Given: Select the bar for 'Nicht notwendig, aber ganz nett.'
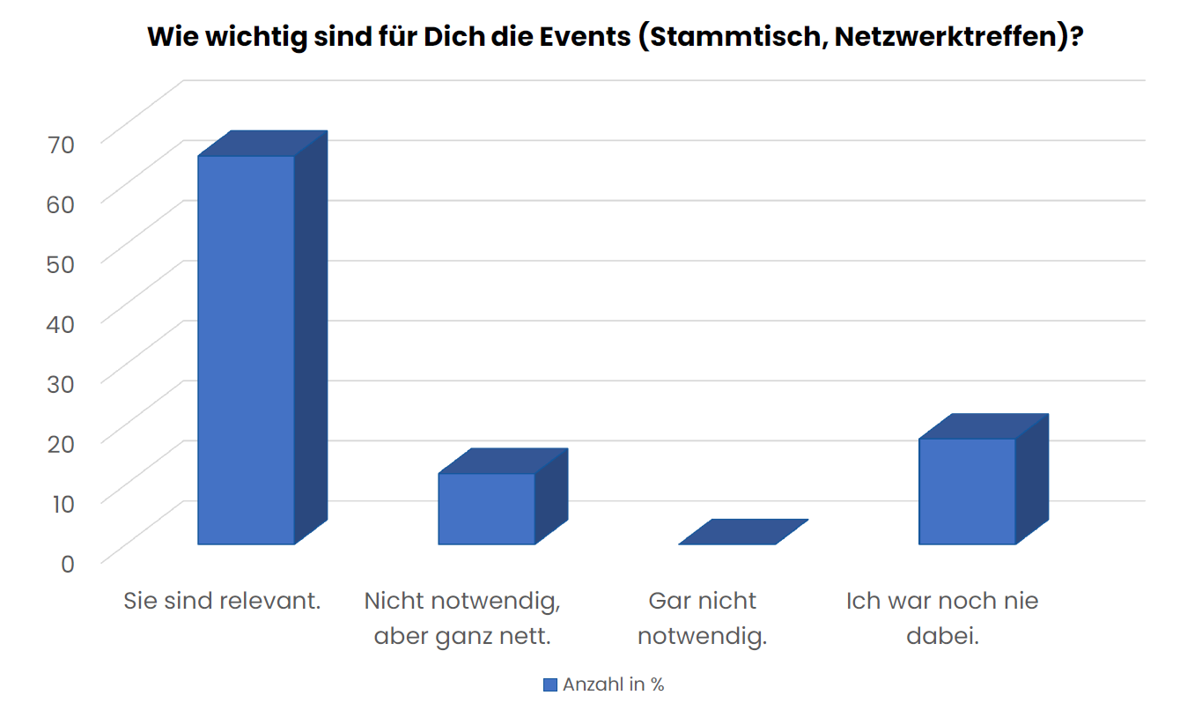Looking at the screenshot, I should click(487, 508).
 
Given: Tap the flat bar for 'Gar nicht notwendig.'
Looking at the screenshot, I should click(743, 532).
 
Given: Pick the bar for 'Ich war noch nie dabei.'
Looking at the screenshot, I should click(967, 491).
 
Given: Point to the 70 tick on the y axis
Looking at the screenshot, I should click(67, 142).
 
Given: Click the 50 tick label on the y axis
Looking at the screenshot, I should click(67, 262).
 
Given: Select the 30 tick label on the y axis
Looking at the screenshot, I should click(67, 382).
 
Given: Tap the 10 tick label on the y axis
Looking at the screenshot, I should click(67, 502).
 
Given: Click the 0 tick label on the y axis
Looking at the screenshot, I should click(68, 562).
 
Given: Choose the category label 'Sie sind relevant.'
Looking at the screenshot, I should click(222, 602).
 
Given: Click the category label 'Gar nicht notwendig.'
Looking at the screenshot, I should click(702, 618).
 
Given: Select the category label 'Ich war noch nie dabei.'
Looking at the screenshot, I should click(942, 618).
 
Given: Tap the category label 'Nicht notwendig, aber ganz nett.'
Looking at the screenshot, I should click(462, 618).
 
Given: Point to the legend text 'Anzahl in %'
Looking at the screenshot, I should click(614, 684).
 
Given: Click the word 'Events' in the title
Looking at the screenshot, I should click(582, 38).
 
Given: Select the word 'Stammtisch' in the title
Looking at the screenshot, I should click(730, 38).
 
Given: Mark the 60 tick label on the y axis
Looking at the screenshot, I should click(67, 202).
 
